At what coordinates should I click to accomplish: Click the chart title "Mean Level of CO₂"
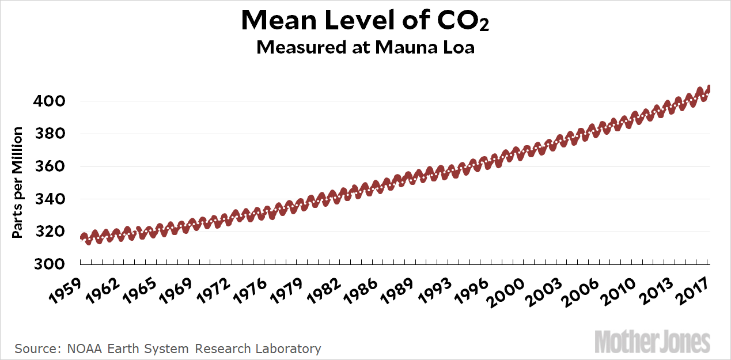[365, 21]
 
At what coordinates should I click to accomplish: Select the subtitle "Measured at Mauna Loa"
[365, 47]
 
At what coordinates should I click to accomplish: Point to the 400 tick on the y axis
[54, 101]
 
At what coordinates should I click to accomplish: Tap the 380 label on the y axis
[54, 134]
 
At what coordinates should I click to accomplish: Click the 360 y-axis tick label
[54, 167]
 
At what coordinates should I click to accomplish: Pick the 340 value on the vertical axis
[54, 199]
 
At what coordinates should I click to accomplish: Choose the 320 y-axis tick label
[54, 232]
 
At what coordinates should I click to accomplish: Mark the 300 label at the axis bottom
[54, 265]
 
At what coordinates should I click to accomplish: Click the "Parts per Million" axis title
[18, 183]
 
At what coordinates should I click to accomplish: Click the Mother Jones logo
[653, 341]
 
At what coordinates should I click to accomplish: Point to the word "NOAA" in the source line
[80, 348]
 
